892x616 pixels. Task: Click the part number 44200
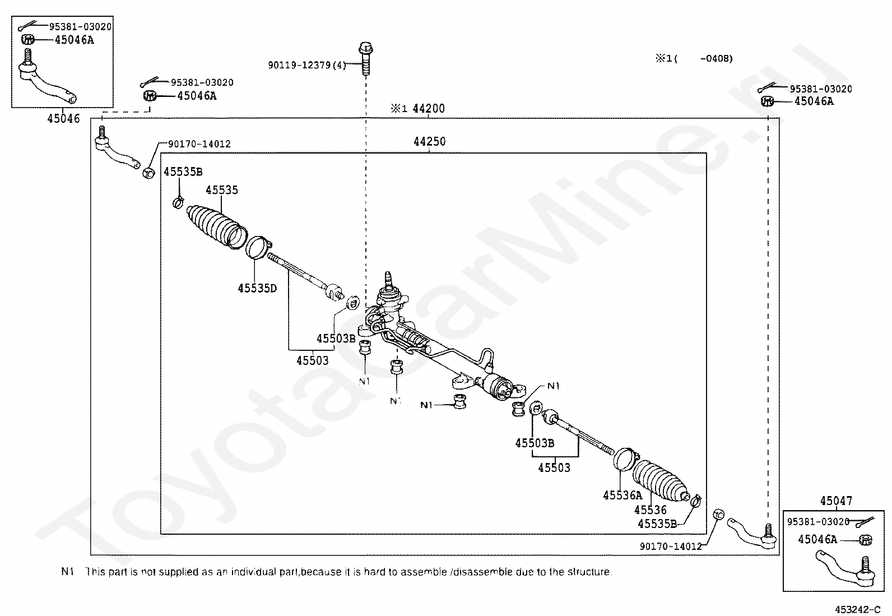[x=429, y=109]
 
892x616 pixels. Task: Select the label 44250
[x=430, y=142]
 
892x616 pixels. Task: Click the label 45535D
[x=257, y=288]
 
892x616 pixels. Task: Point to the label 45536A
[x=622, y=495]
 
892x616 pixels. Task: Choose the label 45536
[x=651, y=510]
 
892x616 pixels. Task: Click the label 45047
[x=836, y=501]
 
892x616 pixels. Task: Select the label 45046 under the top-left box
[x=63, y=119]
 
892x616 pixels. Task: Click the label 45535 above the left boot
[x=222, y=190]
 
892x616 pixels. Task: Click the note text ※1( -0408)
[x=694, y=58]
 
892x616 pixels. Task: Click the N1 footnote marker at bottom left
[x=67, y=572]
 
